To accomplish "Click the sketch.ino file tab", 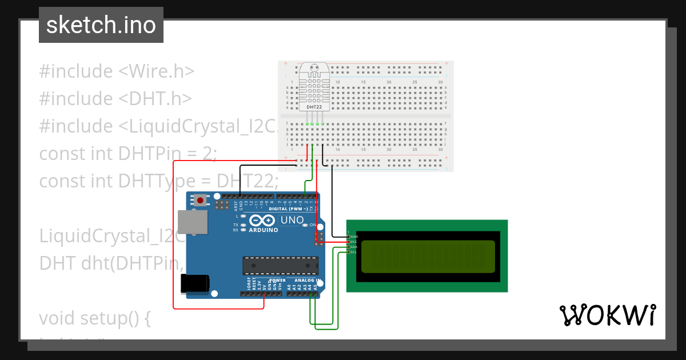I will (x=101, y=25).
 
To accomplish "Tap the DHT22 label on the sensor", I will (x=314, y=107).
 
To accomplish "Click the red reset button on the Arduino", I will (x=201, y=200).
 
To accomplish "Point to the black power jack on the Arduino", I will (x=195, y=284).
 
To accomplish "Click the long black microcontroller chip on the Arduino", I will (x=280, y=266).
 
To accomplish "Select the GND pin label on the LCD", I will (x=354, y=237).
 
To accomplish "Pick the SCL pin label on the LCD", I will (x=353, y=252).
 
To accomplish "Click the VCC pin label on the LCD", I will (x=354, y=242).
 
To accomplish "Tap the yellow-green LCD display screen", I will (x=428, y=256).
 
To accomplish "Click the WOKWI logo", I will (x=608, y=315).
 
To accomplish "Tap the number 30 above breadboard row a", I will (x=440, y=82).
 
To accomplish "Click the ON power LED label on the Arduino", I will (x=312, y=225).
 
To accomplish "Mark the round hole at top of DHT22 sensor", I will (x=314, y=67).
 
